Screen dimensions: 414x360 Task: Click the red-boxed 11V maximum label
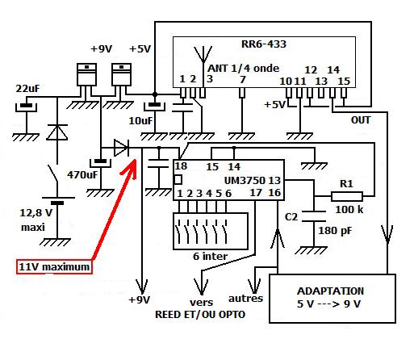[54, 267]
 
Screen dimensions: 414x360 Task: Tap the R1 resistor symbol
[347, 197]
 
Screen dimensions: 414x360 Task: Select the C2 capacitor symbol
[314, 216]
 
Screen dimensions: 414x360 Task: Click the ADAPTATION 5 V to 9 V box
[332, 299]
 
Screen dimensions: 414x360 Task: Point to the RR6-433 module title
[264, 44]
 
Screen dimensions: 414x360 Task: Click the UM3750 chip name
[245, 180]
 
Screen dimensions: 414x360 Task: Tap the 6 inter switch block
[211, 232]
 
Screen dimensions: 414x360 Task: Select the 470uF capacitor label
[82, 175]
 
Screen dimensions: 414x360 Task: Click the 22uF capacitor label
[27, 89]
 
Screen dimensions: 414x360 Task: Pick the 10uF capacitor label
[140, 121]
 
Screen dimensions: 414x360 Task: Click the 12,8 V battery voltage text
[36, 213]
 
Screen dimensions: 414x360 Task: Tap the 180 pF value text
[335, 231]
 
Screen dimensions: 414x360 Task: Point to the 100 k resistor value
[349, 209]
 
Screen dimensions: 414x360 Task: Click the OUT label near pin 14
[361, 120]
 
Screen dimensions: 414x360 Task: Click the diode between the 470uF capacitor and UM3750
[121, 148]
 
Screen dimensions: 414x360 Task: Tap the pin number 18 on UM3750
[181, 166]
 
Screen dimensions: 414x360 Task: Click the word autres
[245, 299]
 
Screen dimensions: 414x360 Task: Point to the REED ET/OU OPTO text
[200, 315]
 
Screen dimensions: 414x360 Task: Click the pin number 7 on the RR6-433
[242, 80]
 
